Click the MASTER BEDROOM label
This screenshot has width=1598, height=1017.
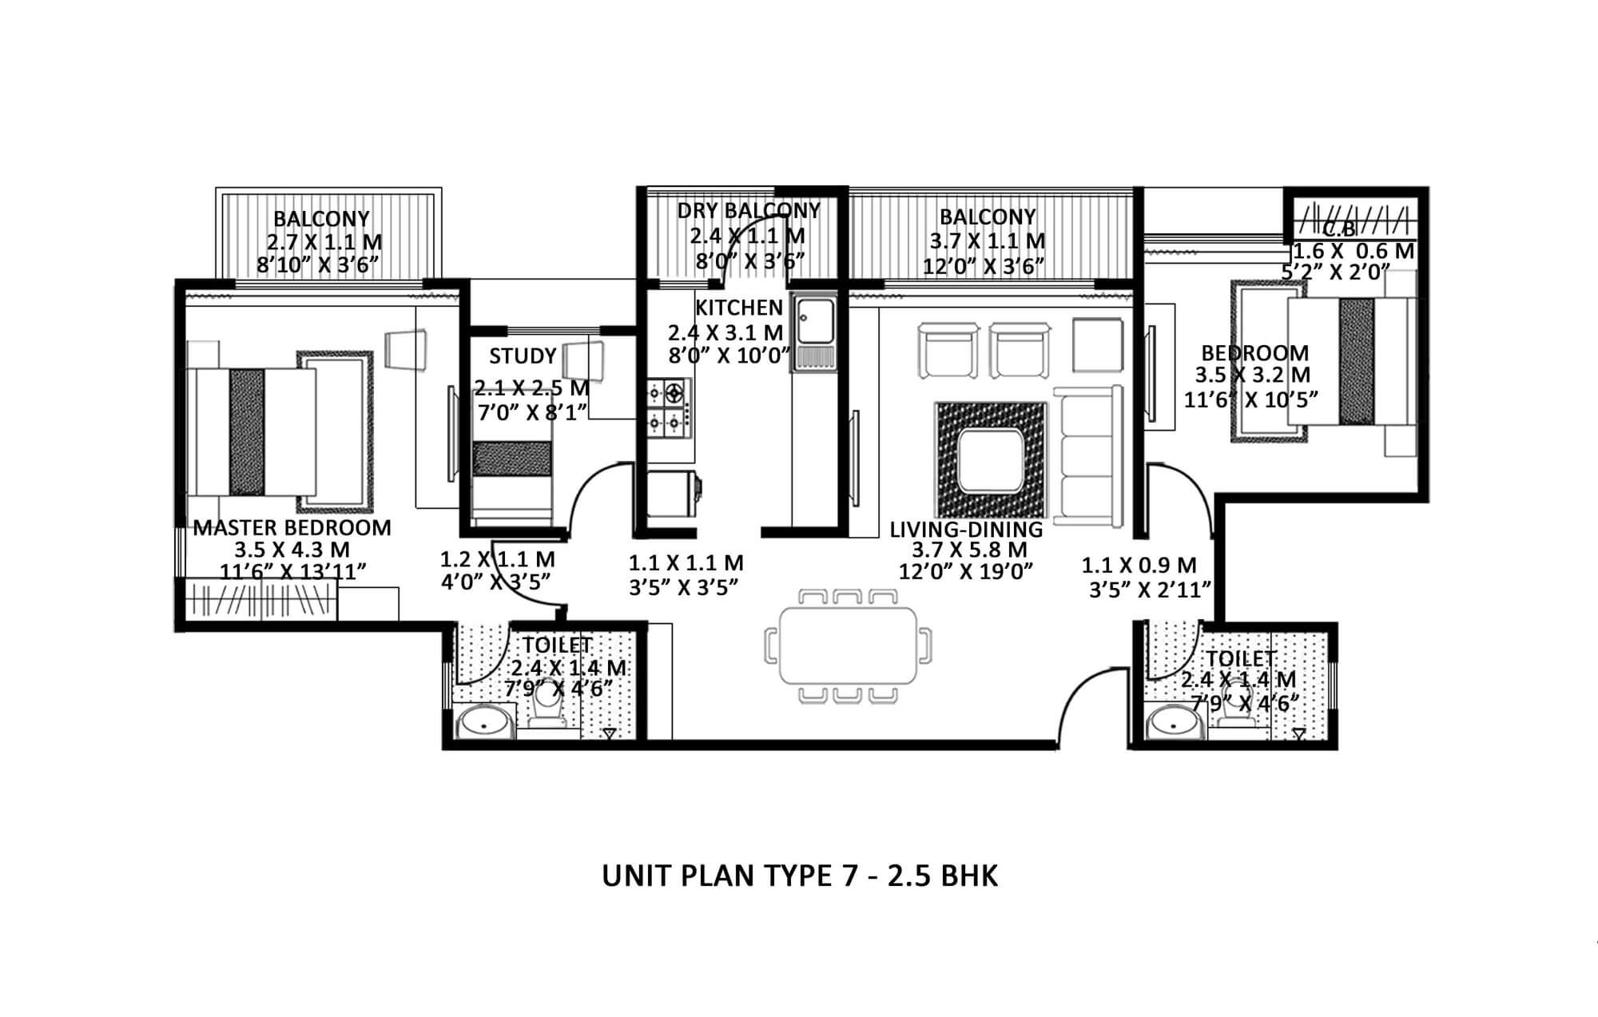[292, 528]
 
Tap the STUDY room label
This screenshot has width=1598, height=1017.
[523, 356]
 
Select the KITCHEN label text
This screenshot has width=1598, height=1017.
[739, 308]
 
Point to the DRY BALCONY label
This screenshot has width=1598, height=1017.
[749, 210]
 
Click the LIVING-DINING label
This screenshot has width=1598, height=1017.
[966, 529]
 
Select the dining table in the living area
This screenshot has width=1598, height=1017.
[848, 646]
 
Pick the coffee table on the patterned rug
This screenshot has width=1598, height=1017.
[991, 461]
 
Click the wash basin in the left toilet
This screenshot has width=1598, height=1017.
[484, 725]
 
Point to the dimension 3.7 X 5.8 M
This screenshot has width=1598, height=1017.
[969, 550]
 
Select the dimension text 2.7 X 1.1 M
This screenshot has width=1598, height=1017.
[324, 242]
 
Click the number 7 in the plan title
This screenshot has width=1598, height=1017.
[849, 876]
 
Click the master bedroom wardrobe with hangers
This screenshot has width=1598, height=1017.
[261, 599]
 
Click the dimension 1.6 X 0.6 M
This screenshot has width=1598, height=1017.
[1354, 251]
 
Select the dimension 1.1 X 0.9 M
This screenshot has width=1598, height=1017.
[1139, 566]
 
